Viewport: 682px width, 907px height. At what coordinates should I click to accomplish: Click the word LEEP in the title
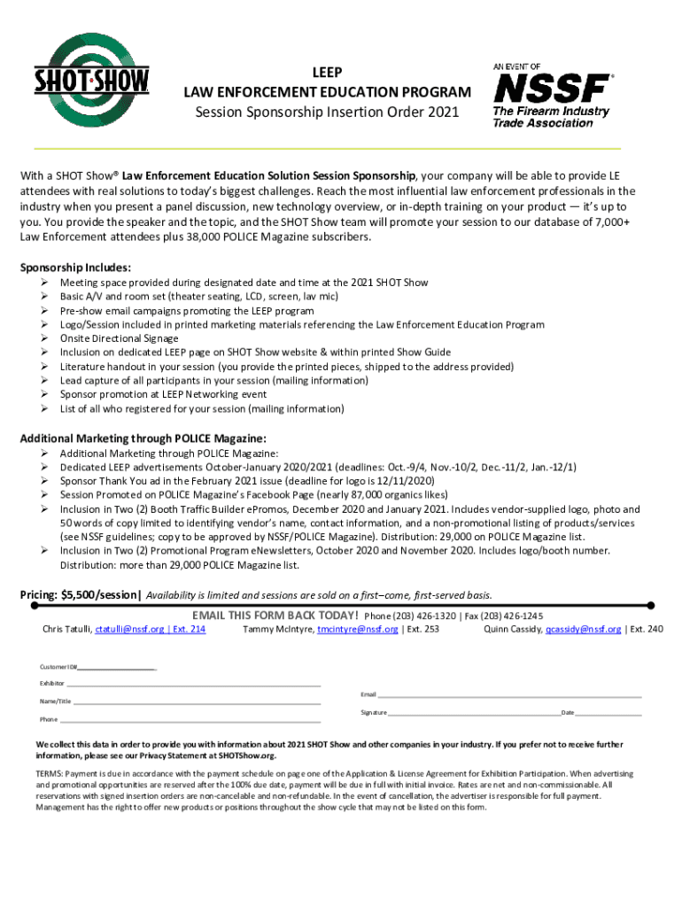pyautogui.click(x=327, y=72)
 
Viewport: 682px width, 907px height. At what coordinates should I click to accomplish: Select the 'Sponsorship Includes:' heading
pyautogui.click(x=75, y=267)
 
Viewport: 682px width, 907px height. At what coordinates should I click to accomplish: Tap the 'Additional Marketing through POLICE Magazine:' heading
pyautogui.click(x=143, y=438)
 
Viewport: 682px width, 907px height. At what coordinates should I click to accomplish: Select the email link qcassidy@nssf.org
pyautogui.click(x=583, y=629)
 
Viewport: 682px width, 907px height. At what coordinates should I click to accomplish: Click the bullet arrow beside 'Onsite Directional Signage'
pyautogui.click(x=43, y=338)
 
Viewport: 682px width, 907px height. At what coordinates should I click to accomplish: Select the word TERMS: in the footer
pyautogui.click(x=51, y=773)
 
